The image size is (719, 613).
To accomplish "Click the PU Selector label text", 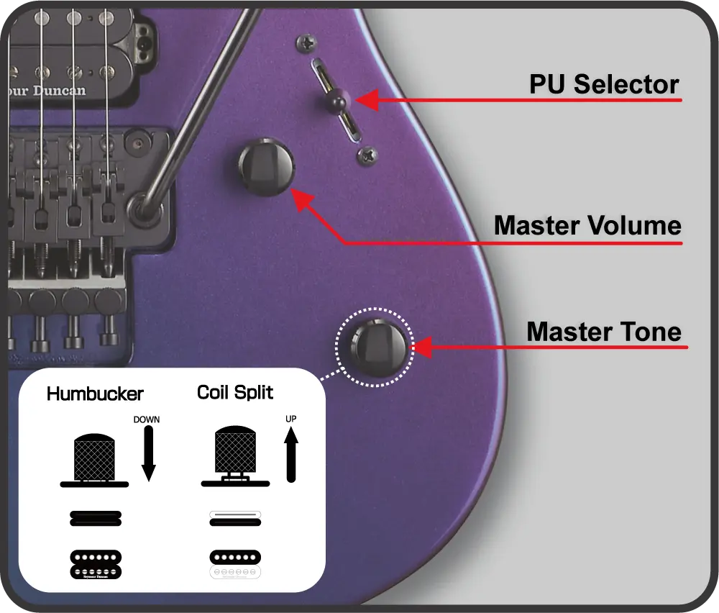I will pos(604,85).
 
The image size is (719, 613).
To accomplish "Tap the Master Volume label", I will pos(587,226).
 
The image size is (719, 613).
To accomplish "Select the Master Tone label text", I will pos(604,332).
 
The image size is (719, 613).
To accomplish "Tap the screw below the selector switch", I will pos(369,153).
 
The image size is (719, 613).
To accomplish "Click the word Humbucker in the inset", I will pos(95,394).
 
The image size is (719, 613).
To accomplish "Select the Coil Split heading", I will pos(235,393).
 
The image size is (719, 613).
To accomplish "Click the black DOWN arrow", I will pos(148,453).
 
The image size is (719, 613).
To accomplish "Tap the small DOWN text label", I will pos(147,419).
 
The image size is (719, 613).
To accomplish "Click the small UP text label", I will pos(290,419).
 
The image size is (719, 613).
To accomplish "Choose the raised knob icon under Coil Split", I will pos(235,458).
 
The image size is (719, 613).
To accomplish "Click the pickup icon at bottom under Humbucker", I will pos(95,563).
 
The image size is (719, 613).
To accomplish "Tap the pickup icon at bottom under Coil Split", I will pos(235,563).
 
